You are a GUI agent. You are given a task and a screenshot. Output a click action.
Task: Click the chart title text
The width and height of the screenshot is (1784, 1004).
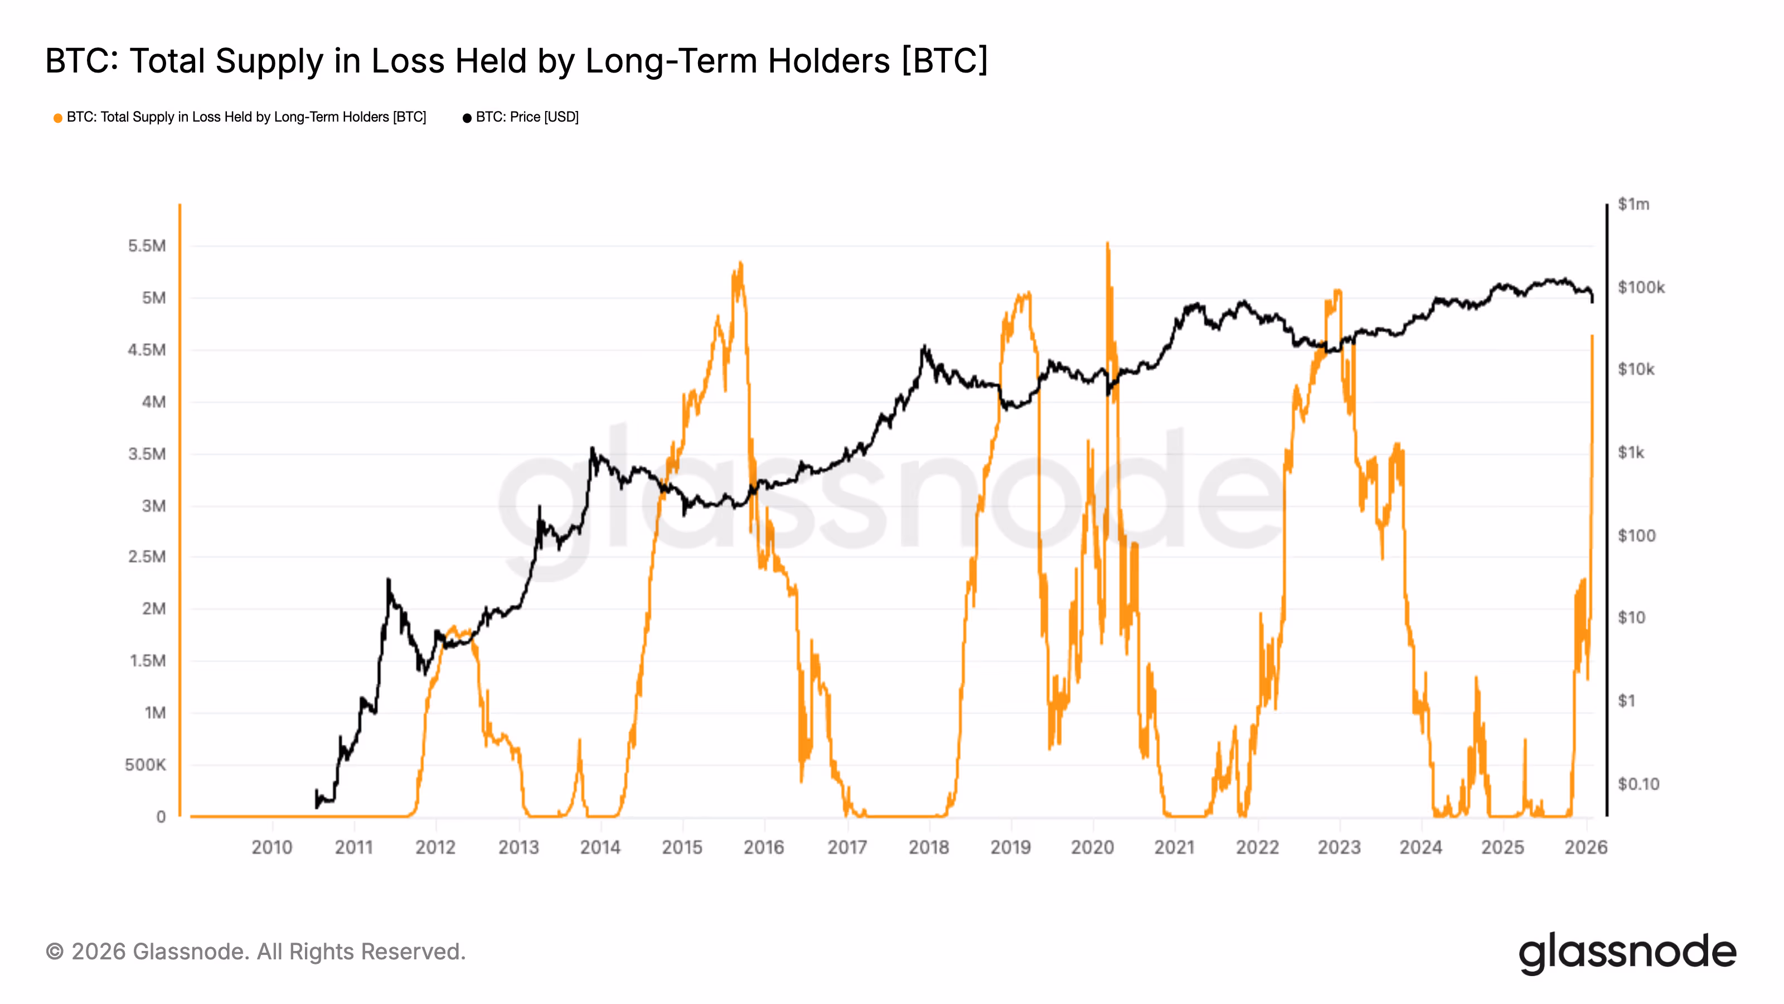[516, 61]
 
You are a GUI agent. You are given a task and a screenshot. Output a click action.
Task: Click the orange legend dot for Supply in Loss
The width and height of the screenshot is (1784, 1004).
[57, 118]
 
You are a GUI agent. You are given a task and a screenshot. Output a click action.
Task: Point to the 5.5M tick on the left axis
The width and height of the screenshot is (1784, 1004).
[147, 246]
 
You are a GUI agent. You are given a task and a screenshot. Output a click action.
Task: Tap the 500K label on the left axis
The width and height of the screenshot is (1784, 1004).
[146, 765]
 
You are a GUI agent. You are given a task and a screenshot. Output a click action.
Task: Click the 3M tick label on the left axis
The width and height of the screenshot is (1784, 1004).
[154, 506]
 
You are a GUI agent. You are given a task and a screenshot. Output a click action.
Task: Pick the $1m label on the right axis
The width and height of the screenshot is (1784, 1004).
[1633, 204]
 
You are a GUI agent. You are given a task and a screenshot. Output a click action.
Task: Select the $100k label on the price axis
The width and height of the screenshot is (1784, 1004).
[1641, 288]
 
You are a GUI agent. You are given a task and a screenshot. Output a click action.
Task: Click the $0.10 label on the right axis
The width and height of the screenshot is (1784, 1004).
[1638, 784]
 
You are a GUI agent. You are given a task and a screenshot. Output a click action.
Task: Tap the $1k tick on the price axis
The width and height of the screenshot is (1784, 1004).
[1631, 453]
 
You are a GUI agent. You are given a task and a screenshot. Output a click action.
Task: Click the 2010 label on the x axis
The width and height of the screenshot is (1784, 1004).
[272, 847]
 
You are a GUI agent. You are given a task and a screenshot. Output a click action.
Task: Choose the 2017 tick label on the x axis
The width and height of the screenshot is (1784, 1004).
[847, 847]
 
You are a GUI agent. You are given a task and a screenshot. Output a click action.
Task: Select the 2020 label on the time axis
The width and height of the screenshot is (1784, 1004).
[1092, 847]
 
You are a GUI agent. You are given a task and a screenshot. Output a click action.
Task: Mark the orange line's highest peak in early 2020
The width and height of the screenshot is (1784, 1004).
[1107, 243]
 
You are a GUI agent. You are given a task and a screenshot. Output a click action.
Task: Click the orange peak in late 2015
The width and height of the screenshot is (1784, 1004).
[741, 263]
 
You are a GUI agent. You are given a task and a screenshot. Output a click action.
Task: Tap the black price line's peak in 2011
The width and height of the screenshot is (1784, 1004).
[389, 580]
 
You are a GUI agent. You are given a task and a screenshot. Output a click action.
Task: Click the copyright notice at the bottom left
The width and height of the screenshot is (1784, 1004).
[255, 952]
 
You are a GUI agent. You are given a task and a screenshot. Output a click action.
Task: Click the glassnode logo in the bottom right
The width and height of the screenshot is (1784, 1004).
[1627, 953]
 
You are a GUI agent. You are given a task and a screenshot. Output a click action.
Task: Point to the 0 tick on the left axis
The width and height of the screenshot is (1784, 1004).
[161, 817]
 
